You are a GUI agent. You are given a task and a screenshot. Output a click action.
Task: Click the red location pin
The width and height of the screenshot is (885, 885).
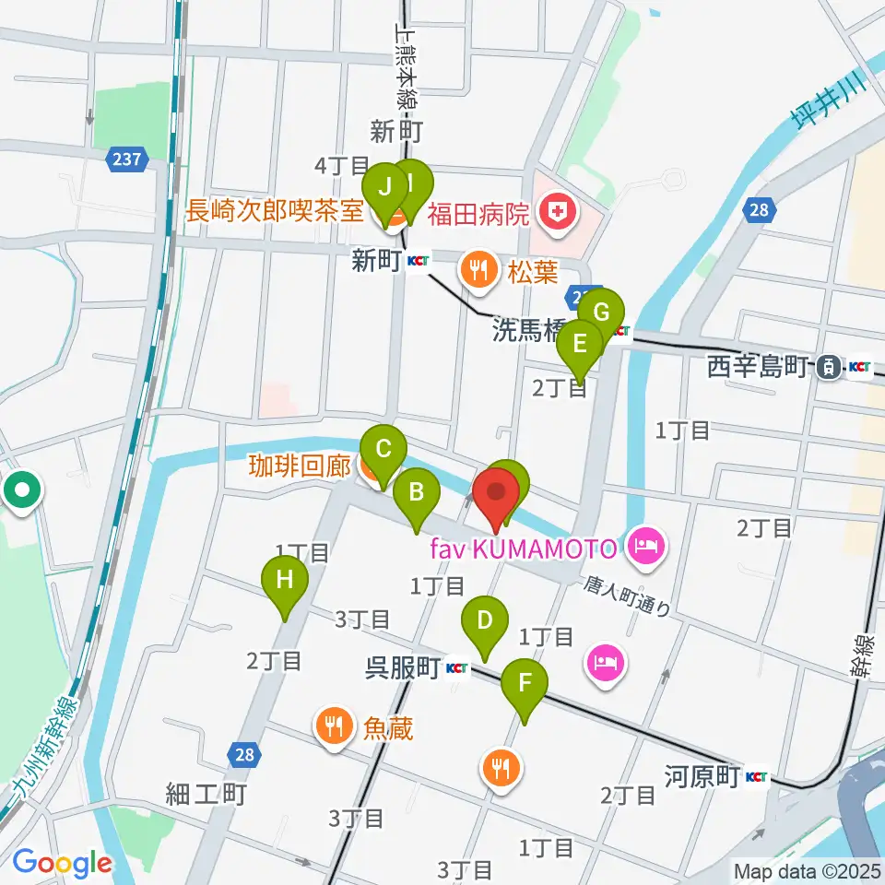click(x=496, y=498)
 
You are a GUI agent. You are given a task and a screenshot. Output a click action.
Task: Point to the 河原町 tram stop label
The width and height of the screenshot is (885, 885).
click(x=702, y=776)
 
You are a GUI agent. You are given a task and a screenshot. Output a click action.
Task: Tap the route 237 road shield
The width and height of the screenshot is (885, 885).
click(x=126, y=159)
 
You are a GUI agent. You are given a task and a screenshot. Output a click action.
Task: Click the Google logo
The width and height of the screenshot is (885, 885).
click(x=62, y=863)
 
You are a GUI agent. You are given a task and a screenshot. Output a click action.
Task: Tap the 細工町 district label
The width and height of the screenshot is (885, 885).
click(x=206, y=793)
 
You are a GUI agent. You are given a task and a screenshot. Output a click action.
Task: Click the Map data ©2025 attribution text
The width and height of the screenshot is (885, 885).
click(x=806, y=870)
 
